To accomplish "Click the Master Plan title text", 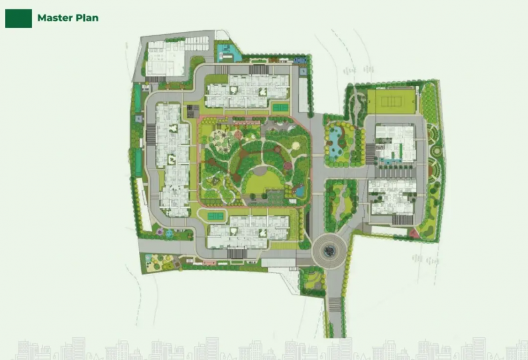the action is coord(68,18).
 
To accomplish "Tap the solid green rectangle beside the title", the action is coord(18,18).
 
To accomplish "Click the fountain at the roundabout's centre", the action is coord(330,251).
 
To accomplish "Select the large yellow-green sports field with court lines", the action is coord(391,101).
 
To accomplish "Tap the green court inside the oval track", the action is coord(216,216).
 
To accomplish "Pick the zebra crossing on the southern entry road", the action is coord(335,304).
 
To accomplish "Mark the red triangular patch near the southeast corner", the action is coord(414,232).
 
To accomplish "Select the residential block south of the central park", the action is coord(249,231).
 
